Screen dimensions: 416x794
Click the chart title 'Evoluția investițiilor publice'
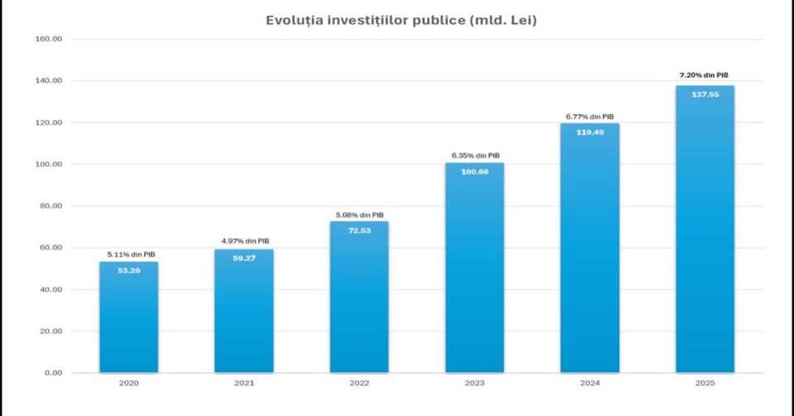point(401,20)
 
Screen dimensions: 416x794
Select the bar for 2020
point(129,323)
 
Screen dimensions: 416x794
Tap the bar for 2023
point(474,273)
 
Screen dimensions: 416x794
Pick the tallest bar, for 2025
point(705,240)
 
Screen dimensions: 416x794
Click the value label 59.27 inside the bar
point(244,258)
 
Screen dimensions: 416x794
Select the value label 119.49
point(590,132)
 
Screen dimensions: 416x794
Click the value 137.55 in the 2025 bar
point(705,94)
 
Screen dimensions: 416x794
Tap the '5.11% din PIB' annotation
point(130,254)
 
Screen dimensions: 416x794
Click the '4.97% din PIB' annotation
point(245,241)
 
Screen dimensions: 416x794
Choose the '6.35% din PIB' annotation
point(476,155)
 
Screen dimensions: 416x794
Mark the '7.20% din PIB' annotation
point(704,75)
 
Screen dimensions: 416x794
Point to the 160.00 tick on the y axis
point(48,39)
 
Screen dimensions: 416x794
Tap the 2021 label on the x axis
point(244,385)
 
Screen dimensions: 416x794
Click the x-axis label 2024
point(590,385)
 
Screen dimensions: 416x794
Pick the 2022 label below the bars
point(359,385)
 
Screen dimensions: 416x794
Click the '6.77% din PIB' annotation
point(590,117)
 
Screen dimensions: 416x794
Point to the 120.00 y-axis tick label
point(48,122)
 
